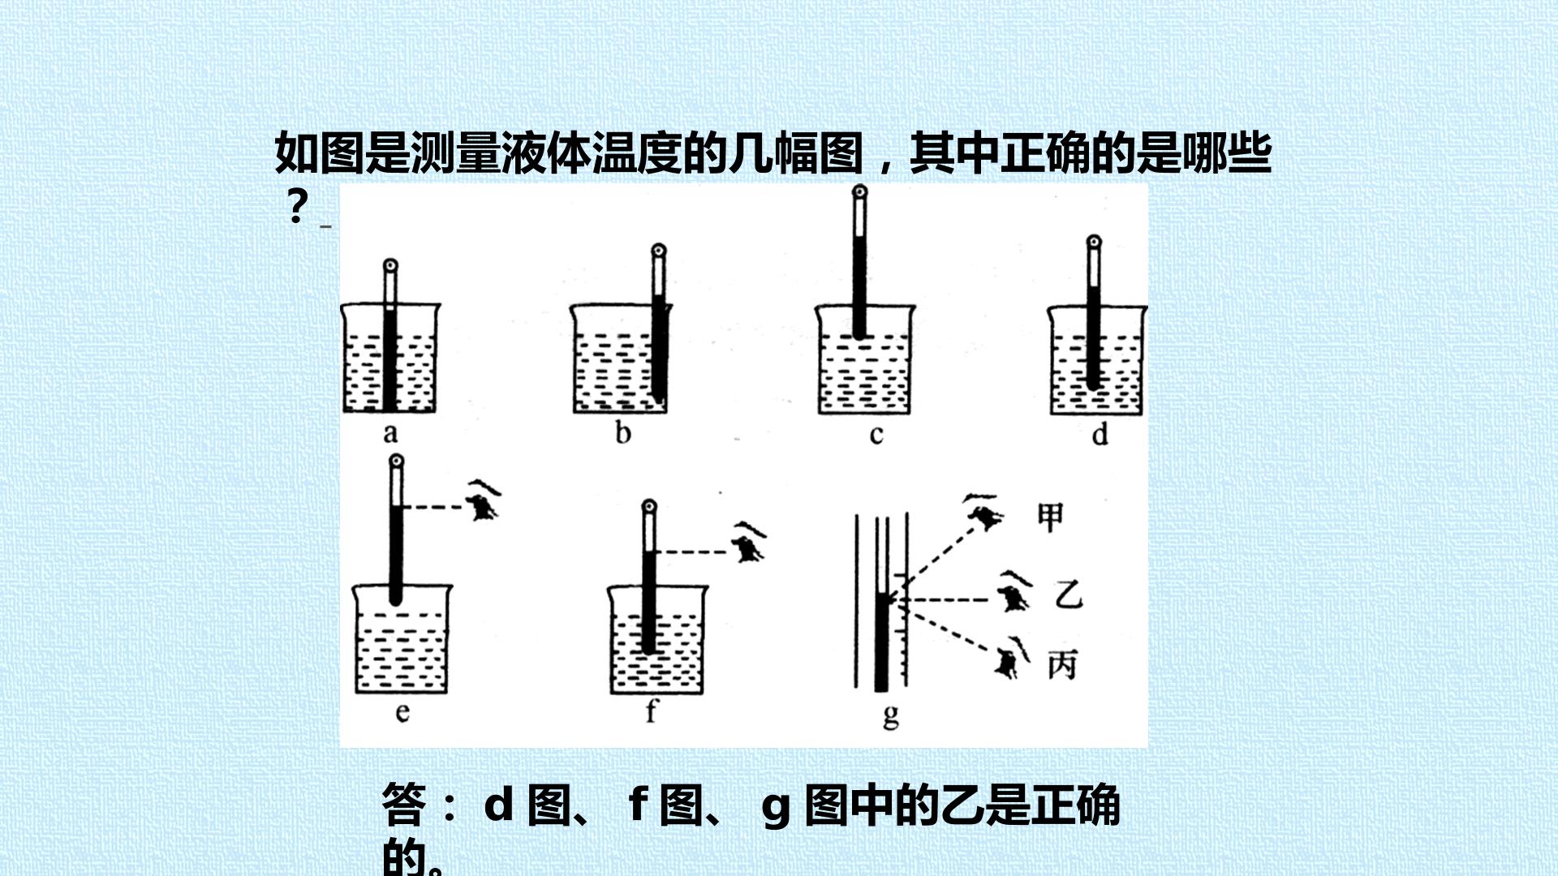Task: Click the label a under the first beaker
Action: coord(391,433)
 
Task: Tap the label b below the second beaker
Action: coord(623,432)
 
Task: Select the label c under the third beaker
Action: coord(876,436)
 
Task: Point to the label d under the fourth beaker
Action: coord(1100,434)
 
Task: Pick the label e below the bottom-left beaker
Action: coord(402,713)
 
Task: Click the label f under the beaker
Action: coord(651,711)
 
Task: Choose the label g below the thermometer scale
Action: coord(891,716)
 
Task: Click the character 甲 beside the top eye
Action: coord(1051,517)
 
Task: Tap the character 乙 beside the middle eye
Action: coord(1068,595)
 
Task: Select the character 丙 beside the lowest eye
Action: coord(1062,665)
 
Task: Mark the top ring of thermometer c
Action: coord(859,193)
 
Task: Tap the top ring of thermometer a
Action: coord(391,266)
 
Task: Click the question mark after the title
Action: coord(298,207)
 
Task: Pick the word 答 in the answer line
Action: coord(403,805)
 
